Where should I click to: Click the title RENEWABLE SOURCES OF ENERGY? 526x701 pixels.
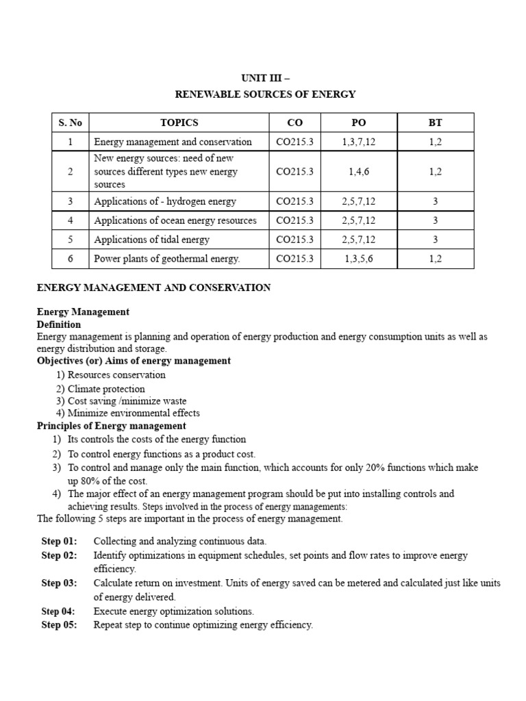[266, 94]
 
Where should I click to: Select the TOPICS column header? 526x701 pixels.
[179, 123]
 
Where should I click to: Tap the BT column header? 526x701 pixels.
[435, 123]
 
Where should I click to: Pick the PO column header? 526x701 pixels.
[358, 123]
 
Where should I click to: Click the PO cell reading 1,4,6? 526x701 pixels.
[358, 172]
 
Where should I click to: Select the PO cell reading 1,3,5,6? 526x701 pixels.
[358, 259]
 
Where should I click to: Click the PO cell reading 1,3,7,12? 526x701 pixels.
[358, 142]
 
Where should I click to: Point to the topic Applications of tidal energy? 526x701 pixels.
[151, 240]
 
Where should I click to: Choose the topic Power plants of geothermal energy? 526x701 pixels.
[167, 259]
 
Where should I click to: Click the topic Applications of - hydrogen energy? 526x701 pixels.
[164, 201]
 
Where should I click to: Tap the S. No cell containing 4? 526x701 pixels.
[71, 220]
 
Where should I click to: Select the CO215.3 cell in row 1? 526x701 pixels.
[294, 142]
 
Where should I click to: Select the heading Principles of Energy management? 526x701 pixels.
[111, 426]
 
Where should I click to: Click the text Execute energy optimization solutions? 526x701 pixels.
[173, 611]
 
